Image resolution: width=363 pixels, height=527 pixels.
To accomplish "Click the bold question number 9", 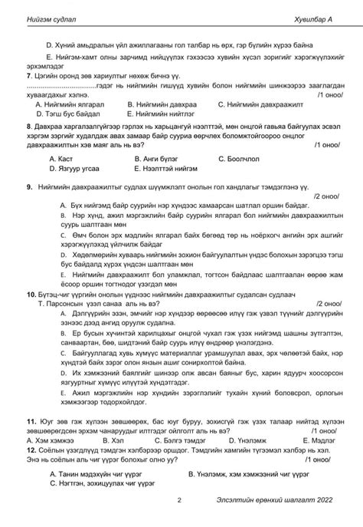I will click(30, 186).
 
